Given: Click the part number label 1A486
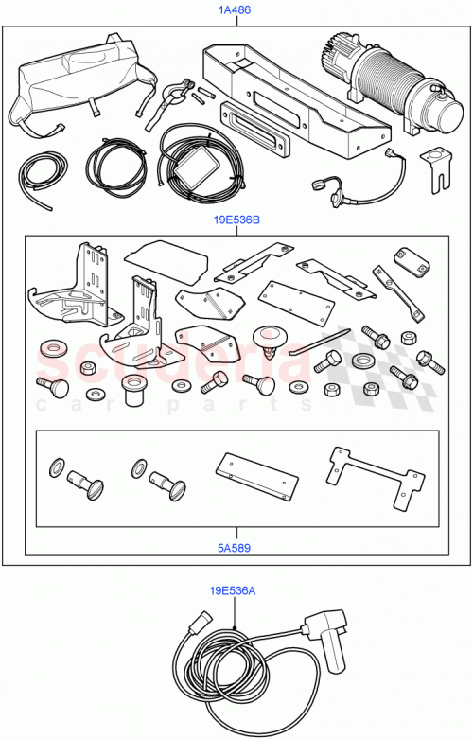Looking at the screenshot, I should [x=235, y=10].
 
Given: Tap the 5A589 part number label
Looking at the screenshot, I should [x=233, y=545].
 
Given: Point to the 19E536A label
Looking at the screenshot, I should [x=233, y=591].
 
